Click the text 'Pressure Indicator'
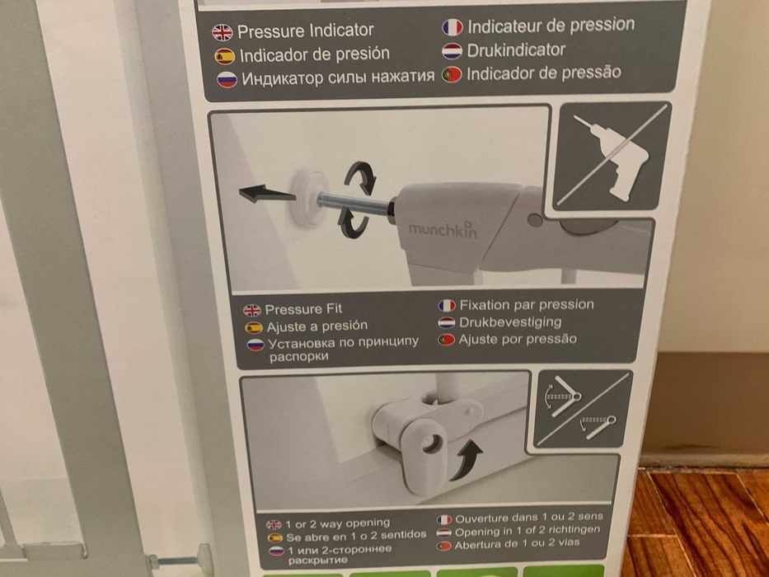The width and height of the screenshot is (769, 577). click(x=306, y=31)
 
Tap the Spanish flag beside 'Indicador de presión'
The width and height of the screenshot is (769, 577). click(x=225, y=56)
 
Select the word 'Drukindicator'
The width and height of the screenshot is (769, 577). click(x=517, y=49)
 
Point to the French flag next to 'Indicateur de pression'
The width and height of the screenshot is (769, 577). click(x=452, y=27)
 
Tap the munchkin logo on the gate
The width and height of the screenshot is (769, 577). click(x=443, y=228)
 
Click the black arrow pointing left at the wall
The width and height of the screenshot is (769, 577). click(x=267, y=194)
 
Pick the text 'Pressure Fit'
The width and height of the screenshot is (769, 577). click(x=303, y=309)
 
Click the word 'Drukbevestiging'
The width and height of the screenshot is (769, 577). click(x=510, y=321)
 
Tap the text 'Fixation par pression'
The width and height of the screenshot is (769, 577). click(x=527, y=305)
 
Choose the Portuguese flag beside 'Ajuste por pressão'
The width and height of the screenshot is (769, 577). click(x=446, y=340)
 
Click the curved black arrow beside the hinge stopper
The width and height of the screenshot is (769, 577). click(x=467, y=460)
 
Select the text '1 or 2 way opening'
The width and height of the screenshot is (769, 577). click(x=337, y=523)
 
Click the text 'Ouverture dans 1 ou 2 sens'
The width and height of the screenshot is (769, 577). click(x=529, y=518)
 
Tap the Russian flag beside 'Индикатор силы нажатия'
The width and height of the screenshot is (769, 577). click(x=227, y=79)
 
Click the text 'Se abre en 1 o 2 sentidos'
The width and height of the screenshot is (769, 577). click(x=356, y=536)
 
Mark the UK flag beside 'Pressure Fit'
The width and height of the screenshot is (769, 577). click(x=252, y=310)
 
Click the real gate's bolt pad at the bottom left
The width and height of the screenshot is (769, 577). click(x=204, y=559)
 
